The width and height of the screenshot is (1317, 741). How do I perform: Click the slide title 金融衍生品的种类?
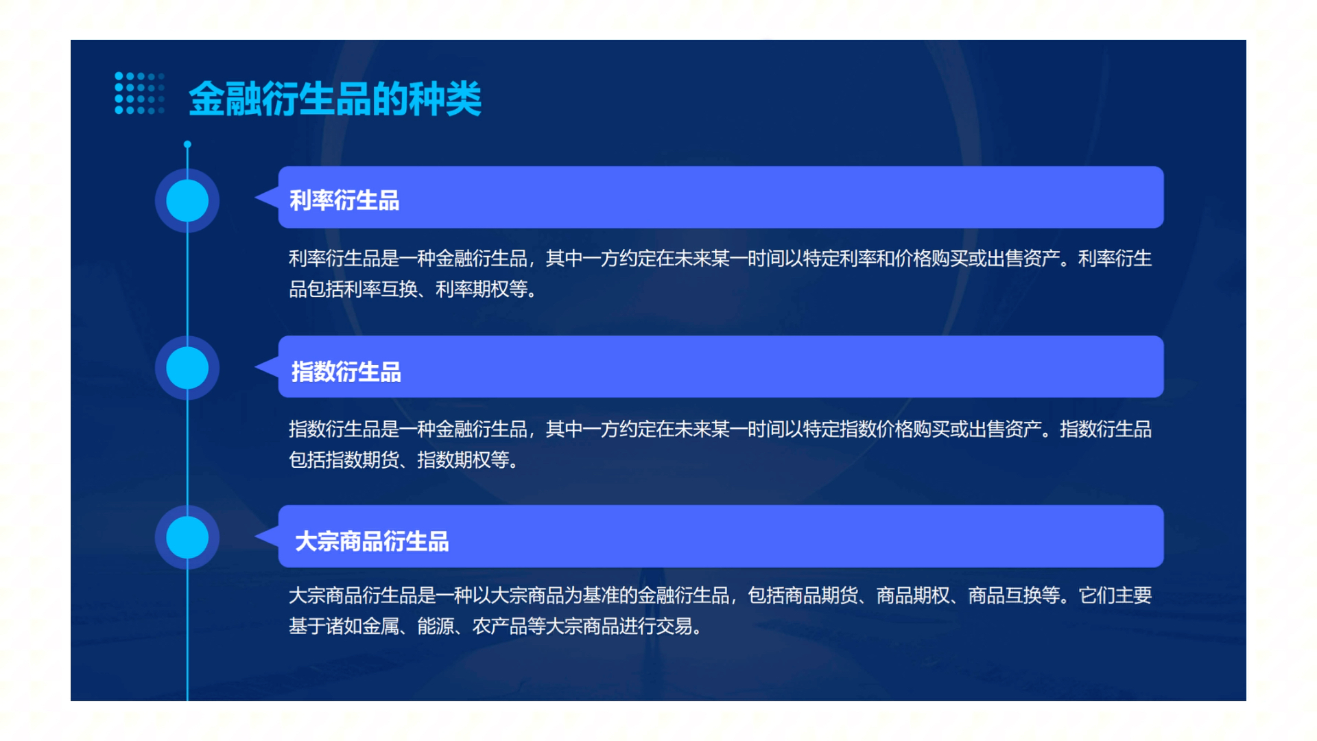click(x=335, y=99)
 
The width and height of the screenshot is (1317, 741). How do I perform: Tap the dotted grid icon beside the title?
click(x=139, y=93)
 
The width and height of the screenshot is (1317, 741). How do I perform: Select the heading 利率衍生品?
click(x=344, y=200)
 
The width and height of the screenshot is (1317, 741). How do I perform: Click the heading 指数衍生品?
click(x=346, y=372)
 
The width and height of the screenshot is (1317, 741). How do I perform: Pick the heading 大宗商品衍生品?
click(x=372, y=541)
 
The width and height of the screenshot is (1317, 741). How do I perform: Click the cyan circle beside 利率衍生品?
click(x=187, y=200)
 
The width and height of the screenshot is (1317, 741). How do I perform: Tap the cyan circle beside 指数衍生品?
click(x=187, y=368)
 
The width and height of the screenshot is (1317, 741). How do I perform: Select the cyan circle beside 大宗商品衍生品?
click(x=187, y=537)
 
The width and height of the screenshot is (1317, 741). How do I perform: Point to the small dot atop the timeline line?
click(x=187, y=144)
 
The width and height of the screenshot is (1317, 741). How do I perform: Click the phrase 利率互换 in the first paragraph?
click(x=381, y=290)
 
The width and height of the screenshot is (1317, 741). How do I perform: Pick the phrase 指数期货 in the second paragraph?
click(x=363, y=460)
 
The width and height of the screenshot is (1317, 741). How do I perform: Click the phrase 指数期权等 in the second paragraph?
click(x=463, y=460)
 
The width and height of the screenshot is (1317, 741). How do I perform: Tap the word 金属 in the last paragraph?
click(x=381, y=626)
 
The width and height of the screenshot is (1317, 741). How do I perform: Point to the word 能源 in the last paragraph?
click(x=436, y=626)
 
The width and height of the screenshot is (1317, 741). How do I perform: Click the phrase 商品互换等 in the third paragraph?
click(x=1014, y=596)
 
